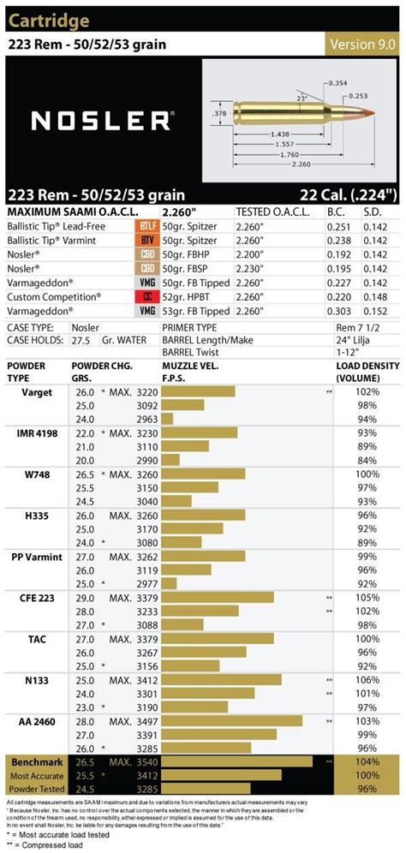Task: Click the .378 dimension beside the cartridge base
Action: click(x=218, y=112)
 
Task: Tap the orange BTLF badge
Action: click(x=146, y=225)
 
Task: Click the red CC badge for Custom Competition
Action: click(x=146, y=295)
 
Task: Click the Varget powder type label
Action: click(x=37, y=391)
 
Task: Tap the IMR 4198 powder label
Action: click(x=37, y=434)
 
